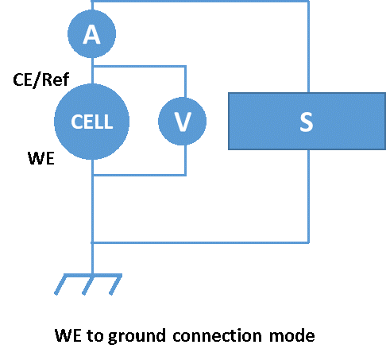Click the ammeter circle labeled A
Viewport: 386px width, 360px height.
[x=91, y=33]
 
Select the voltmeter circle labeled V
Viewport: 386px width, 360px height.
[x=182, y=121]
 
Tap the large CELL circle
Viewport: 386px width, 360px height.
[x=91, y=122]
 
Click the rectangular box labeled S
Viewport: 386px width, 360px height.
[x=307, y=121]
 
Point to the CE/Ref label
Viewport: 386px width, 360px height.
[x=41, y=79]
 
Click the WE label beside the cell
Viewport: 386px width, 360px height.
[x=41, y=158]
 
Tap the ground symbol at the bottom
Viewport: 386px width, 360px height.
[x=88, y=285]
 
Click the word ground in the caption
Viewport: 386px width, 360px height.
[x=137, y=336]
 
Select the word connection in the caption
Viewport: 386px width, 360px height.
[x=217, y=335]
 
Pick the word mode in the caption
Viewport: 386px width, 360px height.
[x=292, y=335]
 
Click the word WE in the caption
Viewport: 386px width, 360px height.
[x=68, y=335]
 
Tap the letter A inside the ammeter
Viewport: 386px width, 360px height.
[x=91, y=34]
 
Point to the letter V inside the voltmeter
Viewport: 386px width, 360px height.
[x=183, y=122]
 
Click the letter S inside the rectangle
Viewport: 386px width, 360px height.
[x=307, y=122]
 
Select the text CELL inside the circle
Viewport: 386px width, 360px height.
[x=92, y=122]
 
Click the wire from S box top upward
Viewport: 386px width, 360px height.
[x=308, y=47]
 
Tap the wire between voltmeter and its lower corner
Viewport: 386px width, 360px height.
[x=185, y=160]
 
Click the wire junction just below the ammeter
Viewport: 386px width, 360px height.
[x=92, y=66]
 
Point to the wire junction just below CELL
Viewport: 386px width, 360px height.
[x=92, y=175]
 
